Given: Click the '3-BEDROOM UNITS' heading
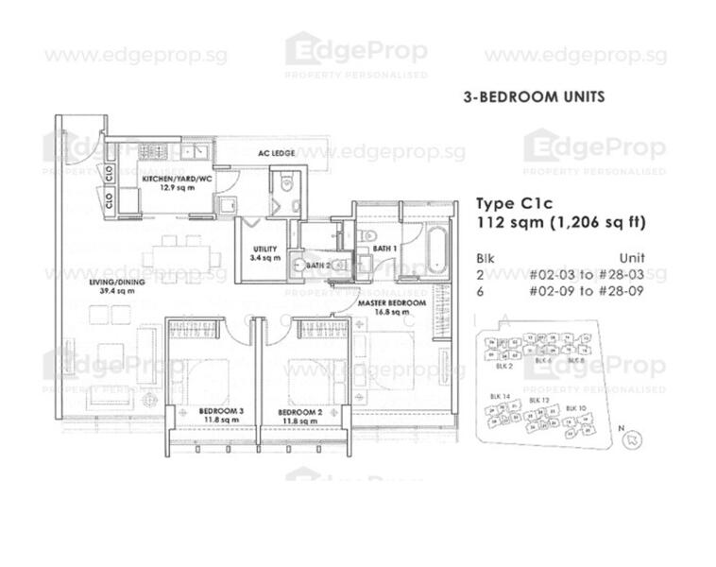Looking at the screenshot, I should point(534,96).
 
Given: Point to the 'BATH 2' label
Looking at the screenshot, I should point(317,266).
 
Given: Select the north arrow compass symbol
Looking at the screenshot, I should point(632,437).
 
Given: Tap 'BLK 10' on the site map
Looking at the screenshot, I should point(575,407).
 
